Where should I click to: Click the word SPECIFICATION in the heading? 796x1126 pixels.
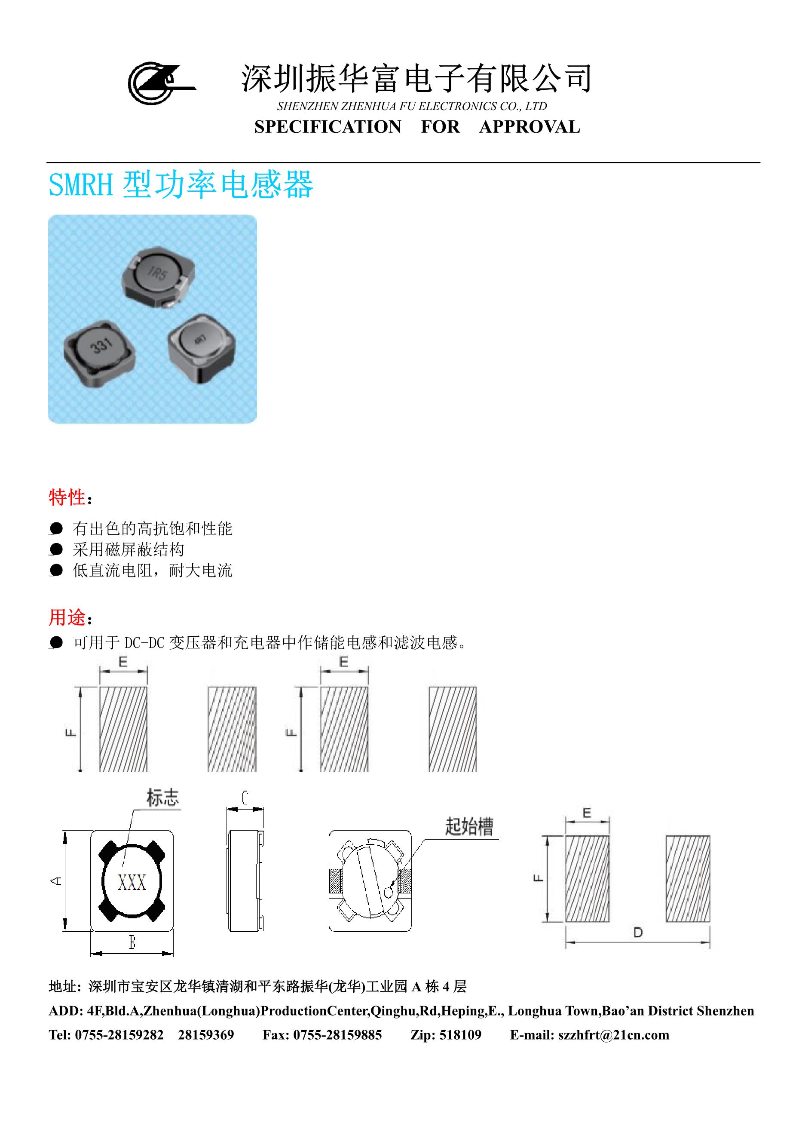[328, 127]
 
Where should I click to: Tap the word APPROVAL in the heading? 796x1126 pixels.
[530, 127]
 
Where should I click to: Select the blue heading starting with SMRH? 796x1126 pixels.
[181, 185]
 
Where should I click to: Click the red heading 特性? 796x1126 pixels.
[67, 497]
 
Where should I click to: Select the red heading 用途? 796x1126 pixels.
[67, 617]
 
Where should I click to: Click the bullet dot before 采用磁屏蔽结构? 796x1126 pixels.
[56, 549]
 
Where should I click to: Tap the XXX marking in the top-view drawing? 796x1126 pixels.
[132, 883]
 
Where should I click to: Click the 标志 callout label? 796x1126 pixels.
[163, 798]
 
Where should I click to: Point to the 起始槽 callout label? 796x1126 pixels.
[469, 826]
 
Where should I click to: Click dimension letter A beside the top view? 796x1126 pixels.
[57, 881]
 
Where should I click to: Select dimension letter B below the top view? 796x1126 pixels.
[132, 942]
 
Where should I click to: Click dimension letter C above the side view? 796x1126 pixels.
[245, 798]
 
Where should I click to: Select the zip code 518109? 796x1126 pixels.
[460, 1035]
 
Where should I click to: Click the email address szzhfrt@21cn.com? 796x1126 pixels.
[614, 1035]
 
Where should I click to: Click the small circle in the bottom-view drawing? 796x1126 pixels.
[388, 893]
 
